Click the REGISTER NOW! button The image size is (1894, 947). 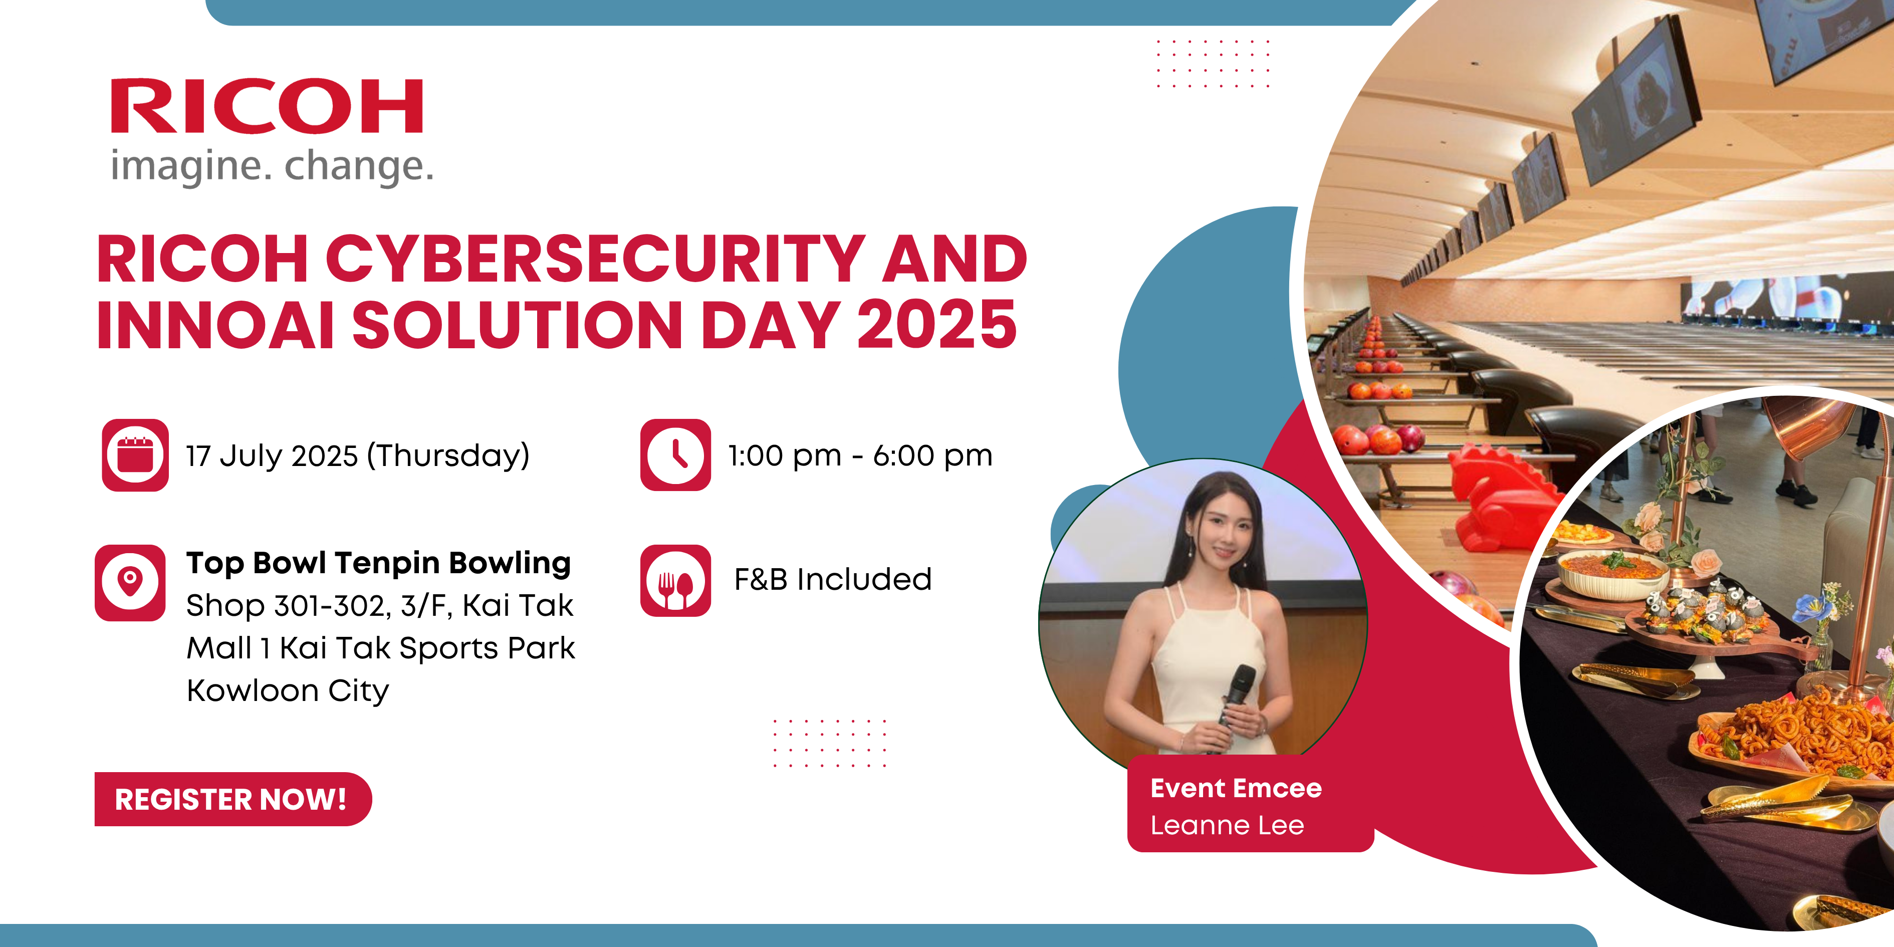(x=233, y=799)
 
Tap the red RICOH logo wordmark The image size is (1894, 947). (x=267, y=107)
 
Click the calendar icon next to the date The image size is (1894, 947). (x=135, y=455)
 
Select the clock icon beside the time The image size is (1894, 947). (x=676, y=455)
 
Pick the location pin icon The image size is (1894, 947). (x=130, y=582)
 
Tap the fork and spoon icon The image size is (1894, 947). (x=676, y=581)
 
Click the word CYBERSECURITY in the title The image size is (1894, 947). (x=595, y=259)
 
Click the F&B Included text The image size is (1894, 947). (x=833, y=579)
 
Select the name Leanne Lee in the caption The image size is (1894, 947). (x=1227, y=826)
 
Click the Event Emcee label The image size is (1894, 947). (x=1236, y=788)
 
